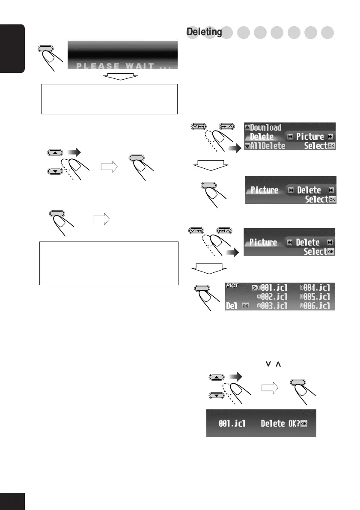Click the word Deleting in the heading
204,32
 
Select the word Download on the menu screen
265,128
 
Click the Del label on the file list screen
231,306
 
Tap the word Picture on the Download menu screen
310,137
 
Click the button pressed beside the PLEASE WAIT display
47,49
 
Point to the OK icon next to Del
245,306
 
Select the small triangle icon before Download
247,127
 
